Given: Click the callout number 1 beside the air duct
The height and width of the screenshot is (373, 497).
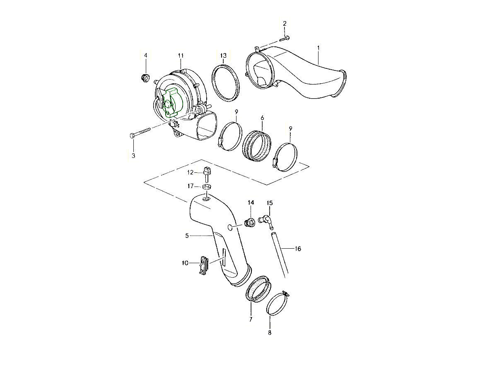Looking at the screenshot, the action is coord(318,48).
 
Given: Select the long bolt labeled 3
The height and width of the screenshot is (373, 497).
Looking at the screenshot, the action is coord(140,133).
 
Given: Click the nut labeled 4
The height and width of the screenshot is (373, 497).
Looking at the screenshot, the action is coord(145,78).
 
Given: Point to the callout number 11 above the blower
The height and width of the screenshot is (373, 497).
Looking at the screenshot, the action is coord(181,56).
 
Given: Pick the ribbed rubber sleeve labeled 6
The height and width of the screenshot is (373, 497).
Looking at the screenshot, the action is coord(257,145).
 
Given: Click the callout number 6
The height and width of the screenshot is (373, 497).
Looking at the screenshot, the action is coord(263,118).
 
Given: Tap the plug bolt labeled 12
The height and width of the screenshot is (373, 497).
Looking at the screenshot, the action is coord(206,174).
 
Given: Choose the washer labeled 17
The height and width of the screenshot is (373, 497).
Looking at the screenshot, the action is coord(207,187).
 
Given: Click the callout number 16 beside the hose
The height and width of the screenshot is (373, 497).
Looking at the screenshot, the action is coord(298,249).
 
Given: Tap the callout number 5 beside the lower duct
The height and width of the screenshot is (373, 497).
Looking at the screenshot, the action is coord(187,236).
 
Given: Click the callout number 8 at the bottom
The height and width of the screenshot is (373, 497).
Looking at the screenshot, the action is coord(270,333).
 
